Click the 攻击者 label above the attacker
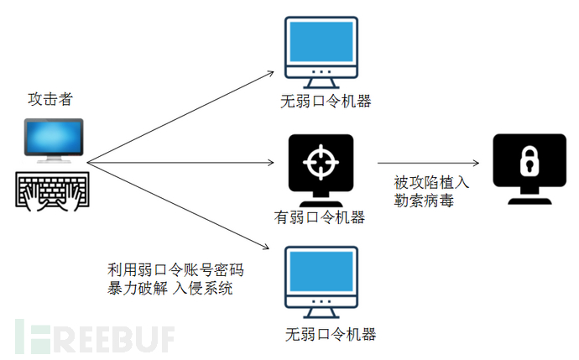pyautogui.click(x=50, y=99)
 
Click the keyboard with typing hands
pyautogui.click(x=52, y=190)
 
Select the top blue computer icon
pyautogui.click(x=321, y=52)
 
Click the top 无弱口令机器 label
pyautogui.click(x=326, y=102)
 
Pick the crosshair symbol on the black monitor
pyautogui.click(x=321, y=162)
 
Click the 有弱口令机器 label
pyautogui.click(x=320, y=217)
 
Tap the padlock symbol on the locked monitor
pyautogui.click(x=529, y=161)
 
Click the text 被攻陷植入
pyautogui.click(x=431, y=182)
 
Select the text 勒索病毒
pyautogui.click(x=424, y=201)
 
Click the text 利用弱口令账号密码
pyautogui.click(x=175, y=270)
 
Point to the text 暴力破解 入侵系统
pyautogui.click(x=170, y=288)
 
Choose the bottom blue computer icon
pyautogui.click(x=321, y=282)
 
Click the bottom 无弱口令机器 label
pyautogui.click(x=331, y=335)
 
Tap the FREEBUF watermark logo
pyautogui.click(x=95, y=336)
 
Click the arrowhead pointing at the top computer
pyautogui.click(x=270, y=74)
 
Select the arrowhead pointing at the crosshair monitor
pyautogui.click(x=271, y=162)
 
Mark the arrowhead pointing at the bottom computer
pyautogui.click(x=265, y=246)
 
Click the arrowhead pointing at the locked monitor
pyautogui.click(x=476, y=163)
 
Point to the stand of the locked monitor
pyautogui.click(x=529, y=196)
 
